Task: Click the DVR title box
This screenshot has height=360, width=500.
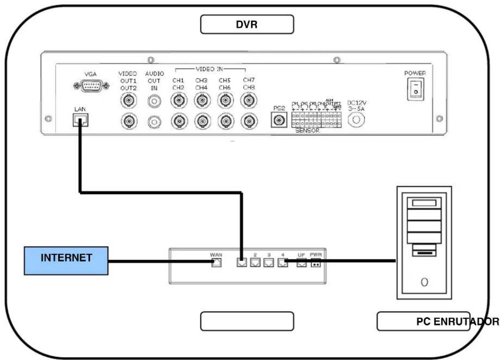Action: (247, 25)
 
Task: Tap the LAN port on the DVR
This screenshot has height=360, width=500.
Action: (80, 119)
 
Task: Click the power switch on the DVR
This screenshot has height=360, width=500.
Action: (415, 89)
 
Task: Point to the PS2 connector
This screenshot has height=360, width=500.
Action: (279, 120)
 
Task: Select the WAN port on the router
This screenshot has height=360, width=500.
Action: (216, 263)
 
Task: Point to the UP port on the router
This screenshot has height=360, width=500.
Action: (301, 263)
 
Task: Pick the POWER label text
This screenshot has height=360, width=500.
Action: (415, 73)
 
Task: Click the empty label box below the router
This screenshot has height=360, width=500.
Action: (247, 321)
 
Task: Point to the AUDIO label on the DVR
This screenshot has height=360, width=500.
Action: (154, 74)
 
